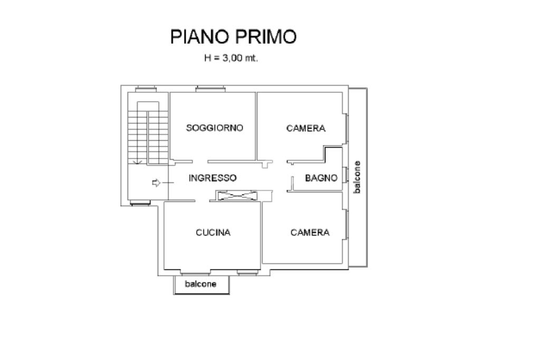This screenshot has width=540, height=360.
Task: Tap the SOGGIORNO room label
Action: pyautogui.click(x=215, y=128)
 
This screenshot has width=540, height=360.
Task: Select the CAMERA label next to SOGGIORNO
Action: pyautogui.click(x=306, y=128)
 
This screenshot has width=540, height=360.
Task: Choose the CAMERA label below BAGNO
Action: pyautogui.click(x=310, y=232)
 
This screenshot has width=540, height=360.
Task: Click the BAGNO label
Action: pyautogui.click(x=321, y=178)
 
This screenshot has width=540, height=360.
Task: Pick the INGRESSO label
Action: pyautogui.click(x=213, y=178)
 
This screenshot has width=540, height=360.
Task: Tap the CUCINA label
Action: pyautogui.click(x=213, y=232)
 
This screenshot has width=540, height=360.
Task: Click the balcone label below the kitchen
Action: pyautogui.click(x=200, y=284)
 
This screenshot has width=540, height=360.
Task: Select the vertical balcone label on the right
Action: pyautogui.click(x=358, y=177)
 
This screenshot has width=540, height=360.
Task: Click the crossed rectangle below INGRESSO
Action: pyautogui.click(x=236, y=196)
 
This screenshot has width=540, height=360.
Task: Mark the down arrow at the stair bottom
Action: pyautogui.click(x=138, y=161)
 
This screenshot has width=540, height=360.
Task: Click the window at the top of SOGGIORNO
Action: pyautogui.click(x=210, y=89)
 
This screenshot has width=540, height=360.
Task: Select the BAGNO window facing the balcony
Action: pyautogui.click(x=345, y=174)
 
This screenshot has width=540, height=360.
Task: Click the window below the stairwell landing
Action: pyautogui.click(x=140, y=202)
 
